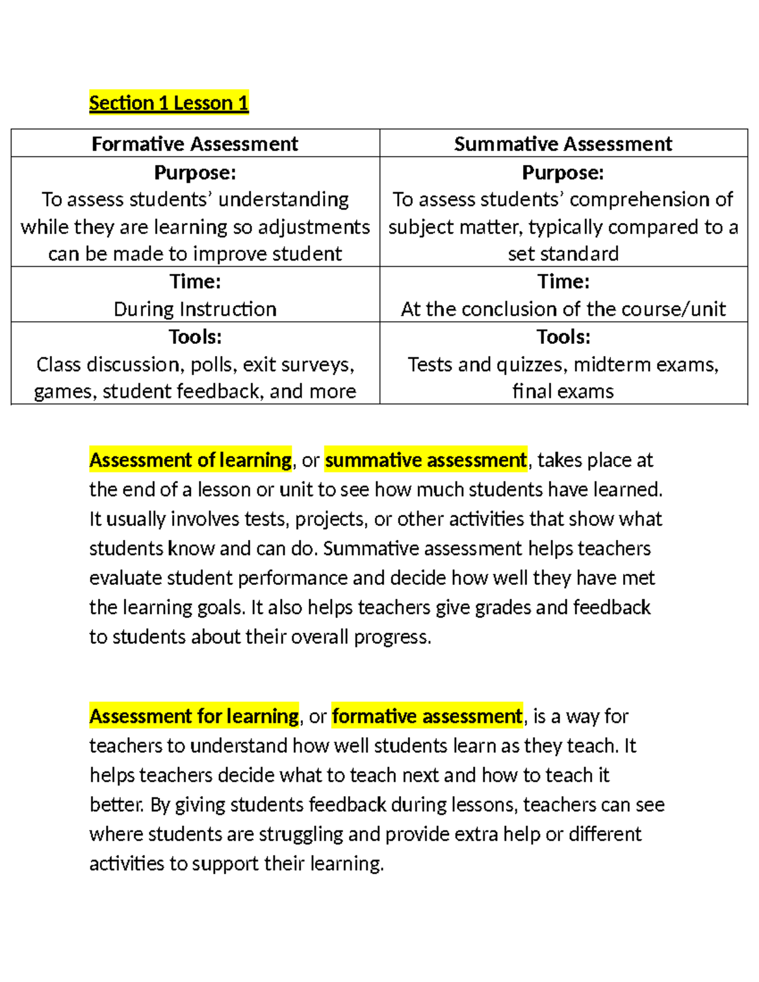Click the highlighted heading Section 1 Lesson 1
click(168, 102)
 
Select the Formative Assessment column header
click(195, 144)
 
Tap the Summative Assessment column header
click(563, 144)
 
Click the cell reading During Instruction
click(195, 309)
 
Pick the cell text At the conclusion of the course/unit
click(563, 309)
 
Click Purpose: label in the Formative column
click(195, 173)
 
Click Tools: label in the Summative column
click(563, 337)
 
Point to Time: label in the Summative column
click(563, 281)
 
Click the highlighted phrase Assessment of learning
click(190, 460)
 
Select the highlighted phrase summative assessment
click(426, 460)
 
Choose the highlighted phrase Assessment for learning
click(194, 716)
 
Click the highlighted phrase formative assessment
click(427, 716)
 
